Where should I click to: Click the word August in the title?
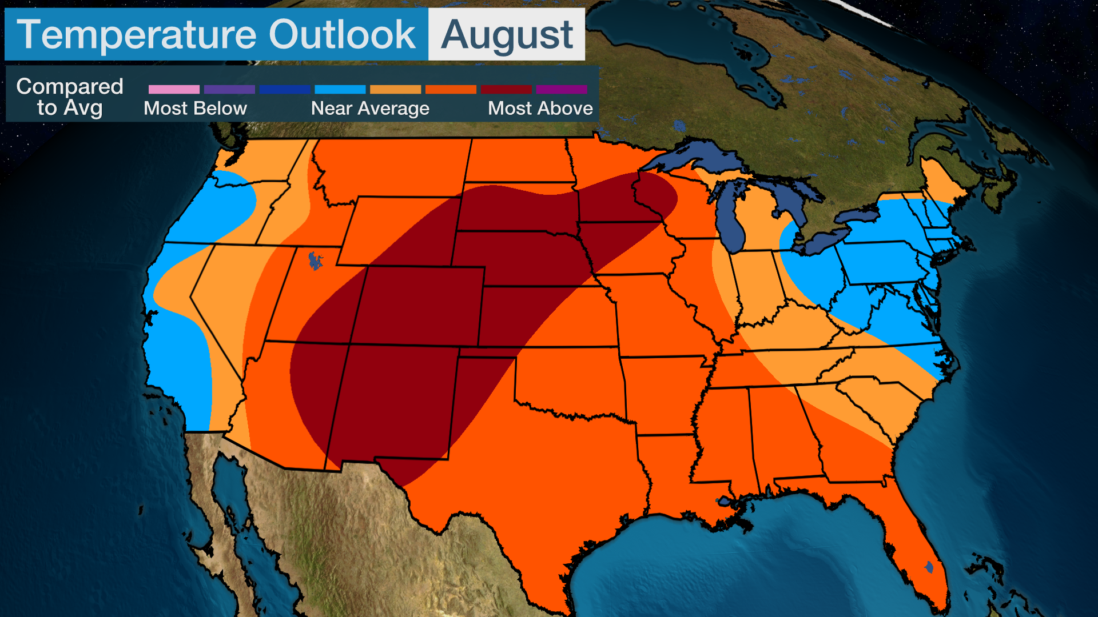point(507,35)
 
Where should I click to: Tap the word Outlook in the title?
point(342,35)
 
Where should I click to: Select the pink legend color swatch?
point(174,89)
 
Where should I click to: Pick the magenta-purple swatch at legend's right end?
point(562,89)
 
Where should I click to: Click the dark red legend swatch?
point(506,89)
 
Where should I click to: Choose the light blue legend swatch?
point(340,89)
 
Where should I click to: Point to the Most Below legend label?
point(195,108)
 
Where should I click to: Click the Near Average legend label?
point(370,108)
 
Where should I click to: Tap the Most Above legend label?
point(540,108)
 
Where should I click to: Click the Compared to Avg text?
point(70,97)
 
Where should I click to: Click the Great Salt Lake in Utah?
point(315,261)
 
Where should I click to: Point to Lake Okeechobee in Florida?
point(929,567)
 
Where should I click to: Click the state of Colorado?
point(420,306)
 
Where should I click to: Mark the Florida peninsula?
point(915,543)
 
